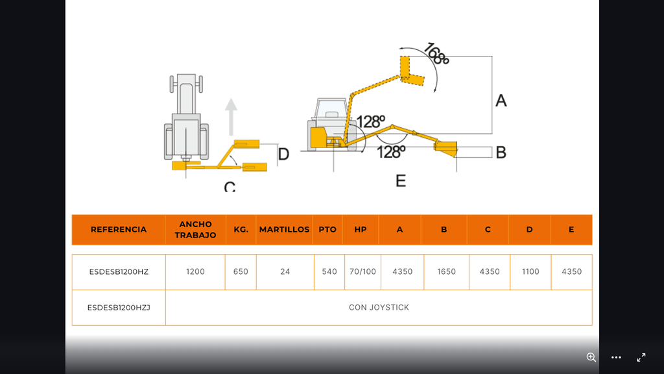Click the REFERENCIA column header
119,229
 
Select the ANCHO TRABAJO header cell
195,229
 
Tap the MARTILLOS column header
284,229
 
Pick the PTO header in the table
327,229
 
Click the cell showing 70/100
362,271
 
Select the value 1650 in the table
446,271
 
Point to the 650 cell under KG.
241,271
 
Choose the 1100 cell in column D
530,271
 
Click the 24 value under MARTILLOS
285,271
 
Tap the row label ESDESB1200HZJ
119,307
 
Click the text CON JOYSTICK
379,307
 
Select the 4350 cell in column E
572,271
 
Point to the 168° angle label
436,54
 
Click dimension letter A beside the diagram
501,101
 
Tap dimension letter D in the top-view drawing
283,154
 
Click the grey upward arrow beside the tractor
231,117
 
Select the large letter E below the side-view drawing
401,181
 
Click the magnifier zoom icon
591,358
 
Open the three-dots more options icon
616,358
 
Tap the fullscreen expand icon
641,358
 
